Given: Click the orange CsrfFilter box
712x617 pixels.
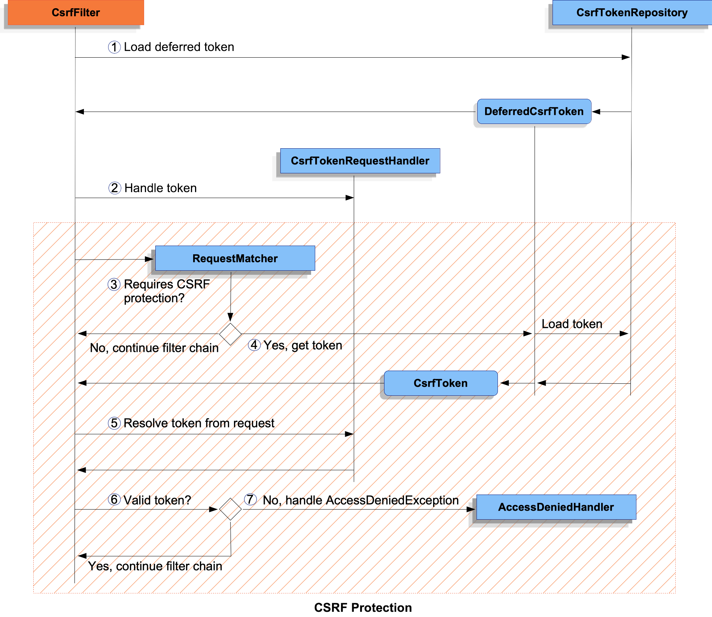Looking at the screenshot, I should click(x=76, y=13).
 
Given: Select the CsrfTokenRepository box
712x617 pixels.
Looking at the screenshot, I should click(x=632, y=13).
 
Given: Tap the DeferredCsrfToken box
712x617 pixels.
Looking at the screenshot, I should click(x=534, y=112).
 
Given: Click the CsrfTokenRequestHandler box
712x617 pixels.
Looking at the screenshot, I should click(x=360, y=161).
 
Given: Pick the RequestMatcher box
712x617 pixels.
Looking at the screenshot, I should click(x=235, y=258).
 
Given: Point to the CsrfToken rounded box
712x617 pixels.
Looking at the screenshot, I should click(x=441, y=383).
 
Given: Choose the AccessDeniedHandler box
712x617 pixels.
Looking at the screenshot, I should click(x=556, y=507).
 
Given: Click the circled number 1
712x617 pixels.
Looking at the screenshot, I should click(x=114, y=47).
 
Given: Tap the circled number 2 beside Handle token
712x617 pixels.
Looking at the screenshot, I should click(x=115, y=188).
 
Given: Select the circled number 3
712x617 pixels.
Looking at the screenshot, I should click(x=114, y=285).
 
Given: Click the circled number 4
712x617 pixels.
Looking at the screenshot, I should click(x=254, y=345).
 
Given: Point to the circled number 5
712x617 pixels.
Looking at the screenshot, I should click(x=114, y=423).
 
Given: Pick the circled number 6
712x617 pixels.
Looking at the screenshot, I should click(x=114, y=499).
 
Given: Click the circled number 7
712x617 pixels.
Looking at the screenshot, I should click(x=250, y=499).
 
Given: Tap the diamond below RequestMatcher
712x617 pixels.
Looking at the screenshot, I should click(x=230, y=334).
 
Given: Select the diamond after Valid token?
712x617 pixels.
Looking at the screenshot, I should click(x=230, y=509).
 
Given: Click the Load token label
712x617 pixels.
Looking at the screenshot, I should click(x=572, y=324).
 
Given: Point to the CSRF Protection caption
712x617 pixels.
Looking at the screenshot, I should click(x=363, y=607).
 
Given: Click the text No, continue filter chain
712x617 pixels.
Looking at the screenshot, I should click(x=154, y=348).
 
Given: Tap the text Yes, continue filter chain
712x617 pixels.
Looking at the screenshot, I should click(x=155, y=566).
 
